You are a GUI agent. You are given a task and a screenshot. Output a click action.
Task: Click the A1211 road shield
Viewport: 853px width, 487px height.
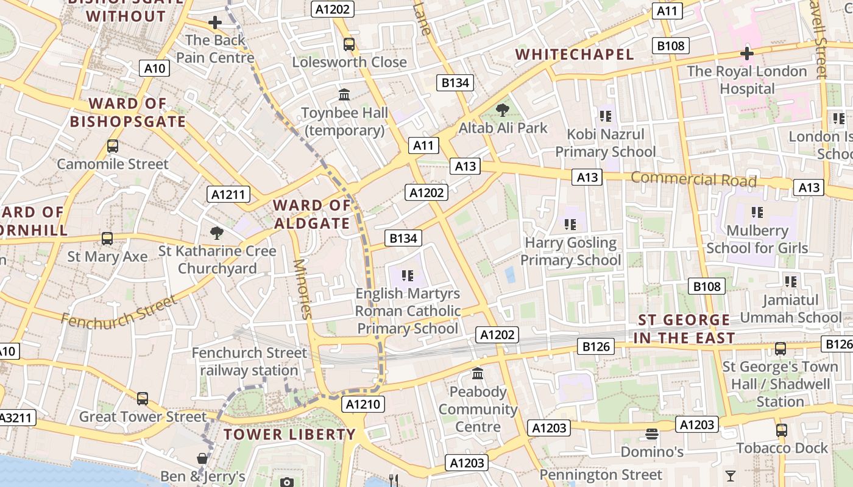coord(228,195)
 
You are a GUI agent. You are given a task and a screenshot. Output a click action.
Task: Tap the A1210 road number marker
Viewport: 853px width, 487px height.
coord(363,404)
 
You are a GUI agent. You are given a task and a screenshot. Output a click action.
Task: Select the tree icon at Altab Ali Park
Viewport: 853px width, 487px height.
coord(503,110)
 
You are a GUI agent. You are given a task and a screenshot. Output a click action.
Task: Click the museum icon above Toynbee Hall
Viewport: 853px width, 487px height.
coord(344,95)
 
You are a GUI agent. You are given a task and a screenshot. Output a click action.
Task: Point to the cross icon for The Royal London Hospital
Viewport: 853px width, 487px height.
coord(747,54)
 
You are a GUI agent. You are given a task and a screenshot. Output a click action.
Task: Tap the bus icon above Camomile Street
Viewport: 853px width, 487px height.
coord(113,146)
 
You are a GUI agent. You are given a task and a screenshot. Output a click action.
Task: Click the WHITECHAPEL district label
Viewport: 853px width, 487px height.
coord(575,54)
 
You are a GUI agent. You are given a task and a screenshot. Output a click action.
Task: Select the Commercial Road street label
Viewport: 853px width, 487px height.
coord(693,179)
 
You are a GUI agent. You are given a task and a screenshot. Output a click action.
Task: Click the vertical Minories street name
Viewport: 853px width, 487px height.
coord(302,289)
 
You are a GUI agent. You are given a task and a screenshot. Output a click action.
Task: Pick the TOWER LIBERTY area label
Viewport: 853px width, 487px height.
coord(289,435)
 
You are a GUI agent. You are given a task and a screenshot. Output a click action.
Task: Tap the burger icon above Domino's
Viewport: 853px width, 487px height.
coord(652,434)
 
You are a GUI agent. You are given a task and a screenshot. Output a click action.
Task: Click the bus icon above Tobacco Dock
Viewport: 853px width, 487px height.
coord(782,430)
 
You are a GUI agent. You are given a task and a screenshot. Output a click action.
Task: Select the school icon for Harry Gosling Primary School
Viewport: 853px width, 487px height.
coord(571,225)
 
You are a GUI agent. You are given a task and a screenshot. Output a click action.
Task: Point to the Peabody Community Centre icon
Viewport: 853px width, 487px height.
coord(478,373)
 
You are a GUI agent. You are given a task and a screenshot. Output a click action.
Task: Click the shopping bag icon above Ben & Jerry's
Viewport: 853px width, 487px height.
coord(202,458)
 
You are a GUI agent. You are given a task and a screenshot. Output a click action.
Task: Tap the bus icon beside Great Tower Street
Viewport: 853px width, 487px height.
coord(143,399)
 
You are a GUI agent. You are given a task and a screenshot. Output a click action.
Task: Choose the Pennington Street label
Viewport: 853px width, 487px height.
coord(601,474)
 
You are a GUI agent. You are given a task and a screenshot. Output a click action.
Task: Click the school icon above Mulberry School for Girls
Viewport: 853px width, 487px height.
coord(757,212)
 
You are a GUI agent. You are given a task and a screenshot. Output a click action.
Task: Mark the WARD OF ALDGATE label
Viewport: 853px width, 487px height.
coord(312,214)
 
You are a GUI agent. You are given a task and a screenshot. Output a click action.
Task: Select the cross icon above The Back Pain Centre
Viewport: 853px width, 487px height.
coord(214,23)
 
